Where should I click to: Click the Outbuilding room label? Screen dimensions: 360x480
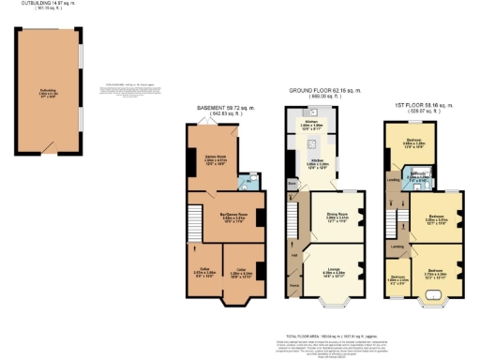(x=50, y=92)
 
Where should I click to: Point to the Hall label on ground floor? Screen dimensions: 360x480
(x=293, y=254)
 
